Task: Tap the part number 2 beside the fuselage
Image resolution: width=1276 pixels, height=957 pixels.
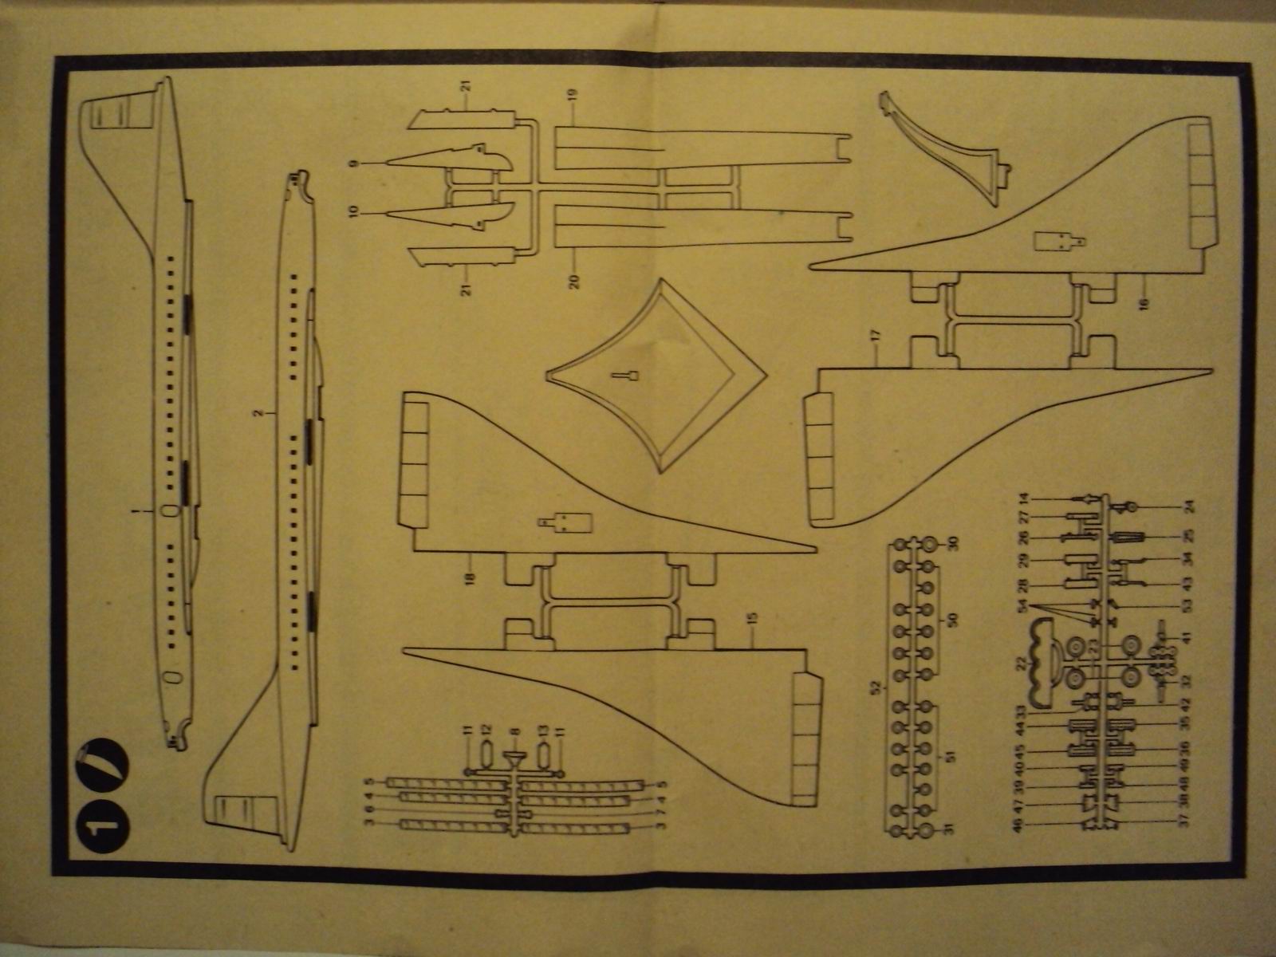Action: (257, 413)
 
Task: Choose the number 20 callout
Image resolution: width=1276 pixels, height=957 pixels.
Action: (575, 280)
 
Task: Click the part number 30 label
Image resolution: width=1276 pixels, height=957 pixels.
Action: (950, 544)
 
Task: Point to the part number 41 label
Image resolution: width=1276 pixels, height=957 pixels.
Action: (1186, 637)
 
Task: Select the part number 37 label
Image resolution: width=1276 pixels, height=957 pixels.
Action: (1186, 817)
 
